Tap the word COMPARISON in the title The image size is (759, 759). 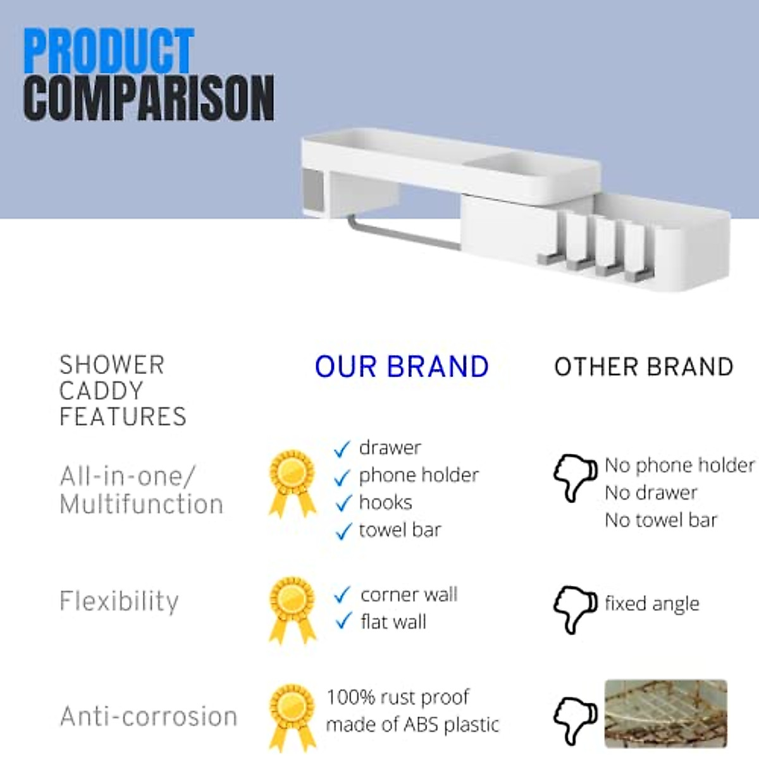coord(149,98)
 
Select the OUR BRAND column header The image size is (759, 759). coord(402,367)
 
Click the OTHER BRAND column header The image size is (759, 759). coord(643,367)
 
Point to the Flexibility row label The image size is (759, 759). coord(119,601)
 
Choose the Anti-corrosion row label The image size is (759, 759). coord(149,717)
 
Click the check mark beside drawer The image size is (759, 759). coord(342,449)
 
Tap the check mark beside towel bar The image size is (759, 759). coord(342,531)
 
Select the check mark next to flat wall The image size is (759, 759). coord(342,621)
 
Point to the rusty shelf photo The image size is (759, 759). coord(665,713)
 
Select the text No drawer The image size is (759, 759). coord(651,493)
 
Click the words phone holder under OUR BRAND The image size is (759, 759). coord(419,475)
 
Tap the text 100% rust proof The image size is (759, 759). coord(398,697)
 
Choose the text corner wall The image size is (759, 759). coord(409,595)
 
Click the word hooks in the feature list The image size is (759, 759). coord(385,502)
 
